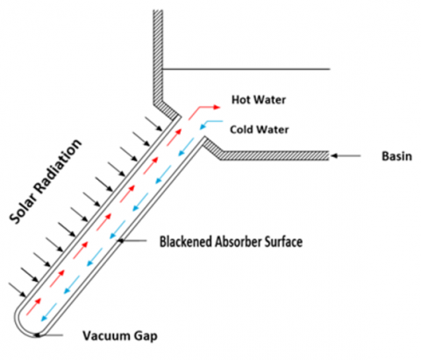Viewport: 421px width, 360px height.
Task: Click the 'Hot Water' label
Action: [x=259, y=100]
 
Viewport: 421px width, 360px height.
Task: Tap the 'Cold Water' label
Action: [x=259, y=129]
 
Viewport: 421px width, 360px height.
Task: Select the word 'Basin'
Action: [x=396, y=156]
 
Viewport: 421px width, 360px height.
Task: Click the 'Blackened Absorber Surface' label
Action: [x=231, y=241]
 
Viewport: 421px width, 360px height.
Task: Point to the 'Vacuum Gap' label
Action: [x=120, y=336]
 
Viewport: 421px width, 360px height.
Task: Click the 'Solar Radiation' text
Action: [x=46, y=182]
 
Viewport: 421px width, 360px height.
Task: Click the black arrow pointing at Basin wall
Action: [x=346, y=156]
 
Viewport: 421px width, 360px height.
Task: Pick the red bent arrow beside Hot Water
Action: [x=203, y=112]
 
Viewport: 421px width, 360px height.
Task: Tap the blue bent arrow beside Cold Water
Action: [x=211, y=125]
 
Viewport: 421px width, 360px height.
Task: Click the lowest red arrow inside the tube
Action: [x=34, y=306]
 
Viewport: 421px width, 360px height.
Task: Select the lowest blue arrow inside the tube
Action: [x=49, y=313]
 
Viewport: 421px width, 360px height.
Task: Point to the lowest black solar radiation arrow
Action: [x=18, y=290]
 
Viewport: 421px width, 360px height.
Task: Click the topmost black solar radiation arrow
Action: [x=153, y=124]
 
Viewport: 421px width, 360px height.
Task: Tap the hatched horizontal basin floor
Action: [x=274, y=155]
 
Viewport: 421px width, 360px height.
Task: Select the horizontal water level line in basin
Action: [x=246, y=69]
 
